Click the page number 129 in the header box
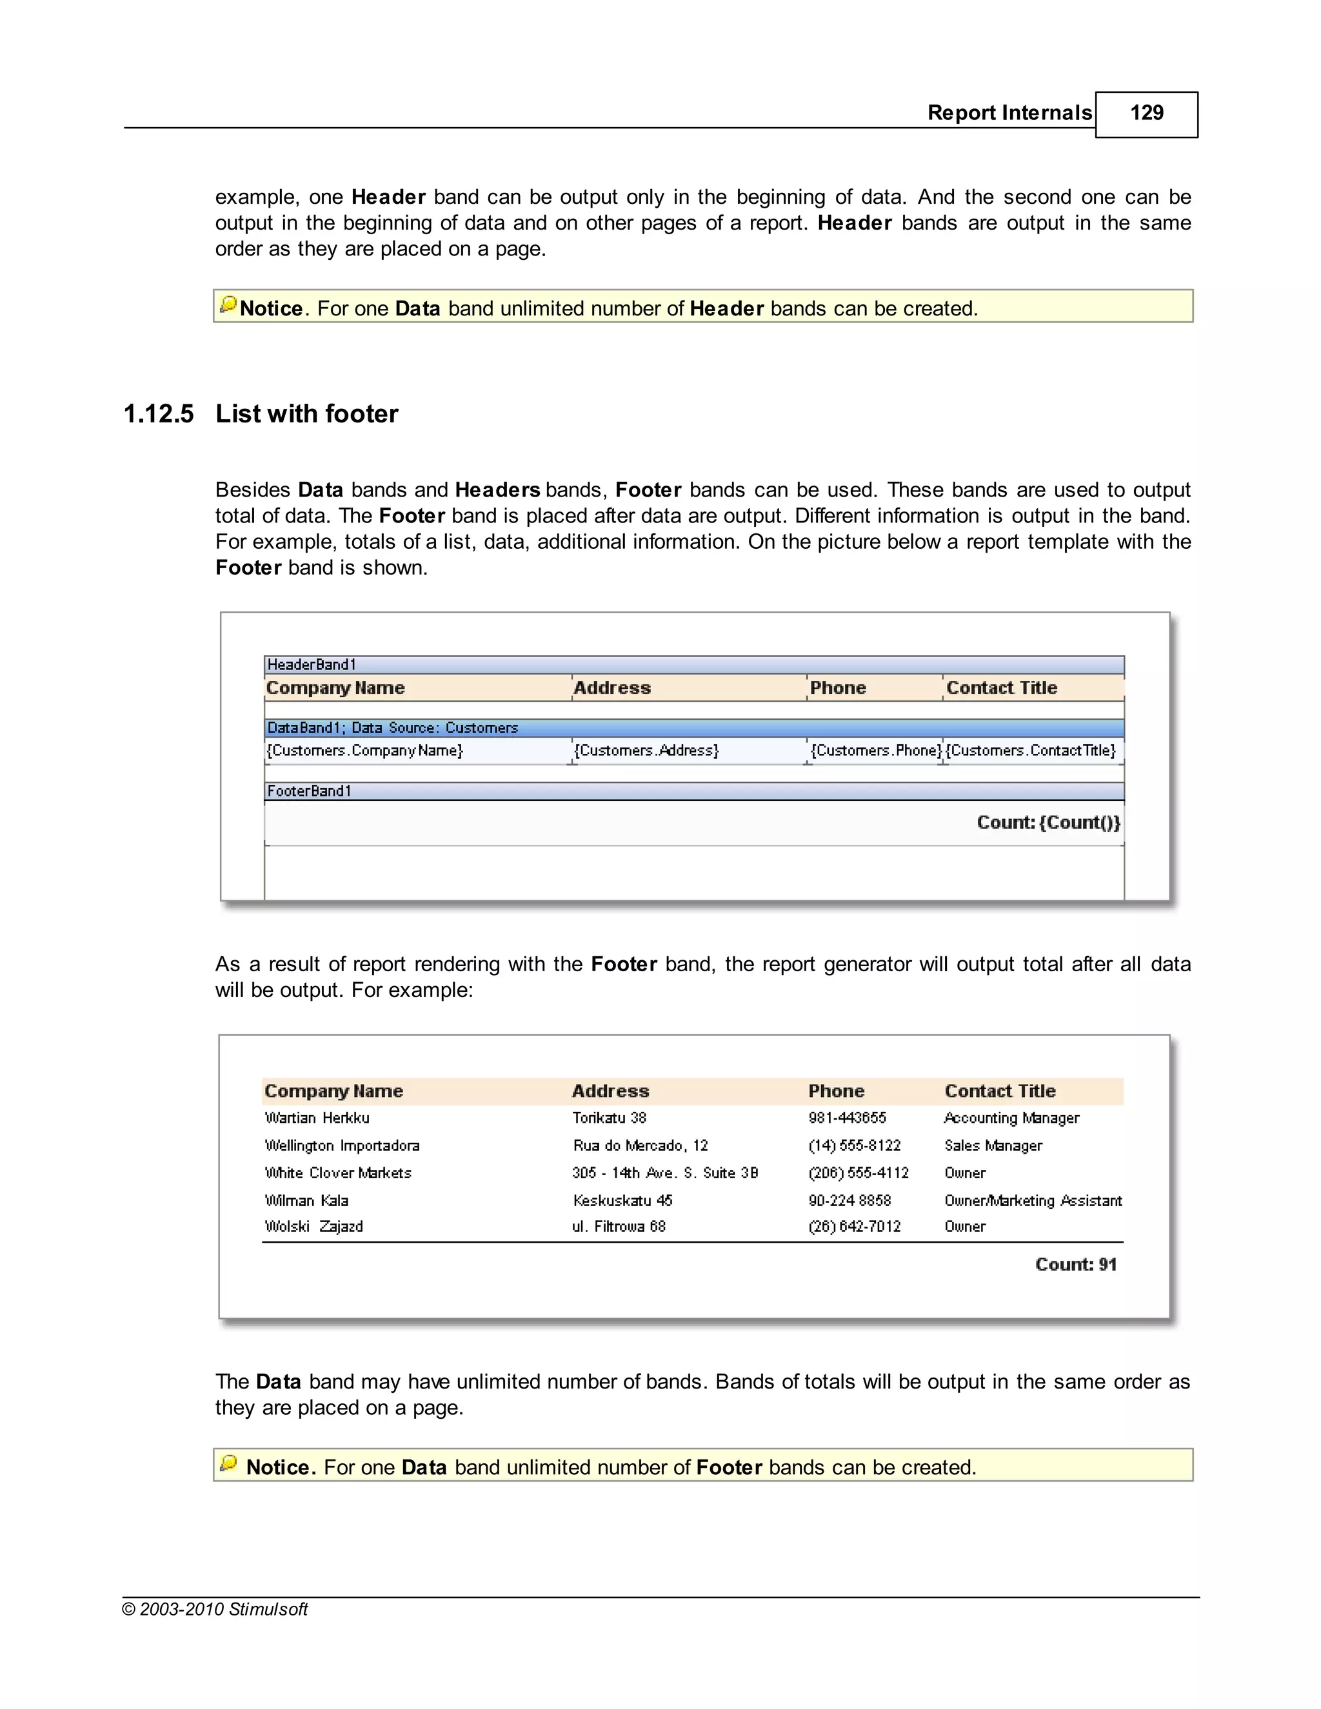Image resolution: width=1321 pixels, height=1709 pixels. tap(1146, 113)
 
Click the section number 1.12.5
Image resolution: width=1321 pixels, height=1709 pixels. tap(159, 414)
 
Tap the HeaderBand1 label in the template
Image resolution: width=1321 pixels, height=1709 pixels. tap(312, 664)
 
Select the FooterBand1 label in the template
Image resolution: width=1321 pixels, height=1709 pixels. tap(309, 791)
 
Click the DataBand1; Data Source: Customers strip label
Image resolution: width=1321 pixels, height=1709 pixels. tap(392, 727)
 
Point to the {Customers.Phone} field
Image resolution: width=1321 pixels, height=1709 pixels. tap(875, 751)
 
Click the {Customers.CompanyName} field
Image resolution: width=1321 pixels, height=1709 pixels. tap(364, 751)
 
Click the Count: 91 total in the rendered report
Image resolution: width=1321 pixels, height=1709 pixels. tap(1075, 1265)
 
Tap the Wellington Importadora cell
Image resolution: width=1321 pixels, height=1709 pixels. tap(342, 1145)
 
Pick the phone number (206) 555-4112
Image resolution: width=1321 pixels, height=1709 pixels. tap(858, 1173)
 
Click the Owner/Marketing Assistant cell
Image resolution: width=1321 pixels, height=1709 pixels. tap(1032, 1200)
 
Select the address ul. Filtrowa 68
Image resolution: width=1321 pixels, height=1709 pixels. tap(618, 1226)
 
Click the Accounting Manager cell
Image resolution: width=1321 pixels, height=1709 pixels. tap(1011, 1118)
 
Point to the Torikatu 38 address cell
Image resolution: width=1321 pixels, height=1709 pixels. tap(609, 1118)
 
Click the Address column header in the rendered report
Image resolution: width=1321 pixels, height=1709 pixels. tap(610, 1091)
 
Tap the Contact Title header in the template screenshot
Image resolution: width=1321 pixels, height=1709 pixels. tap(1001, 688)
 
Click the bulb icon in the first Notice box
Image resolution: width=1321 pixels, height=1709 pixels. tap(228, 304)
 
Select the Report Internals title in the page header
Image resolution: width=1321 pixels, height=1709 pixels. tap(1009, 113)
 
